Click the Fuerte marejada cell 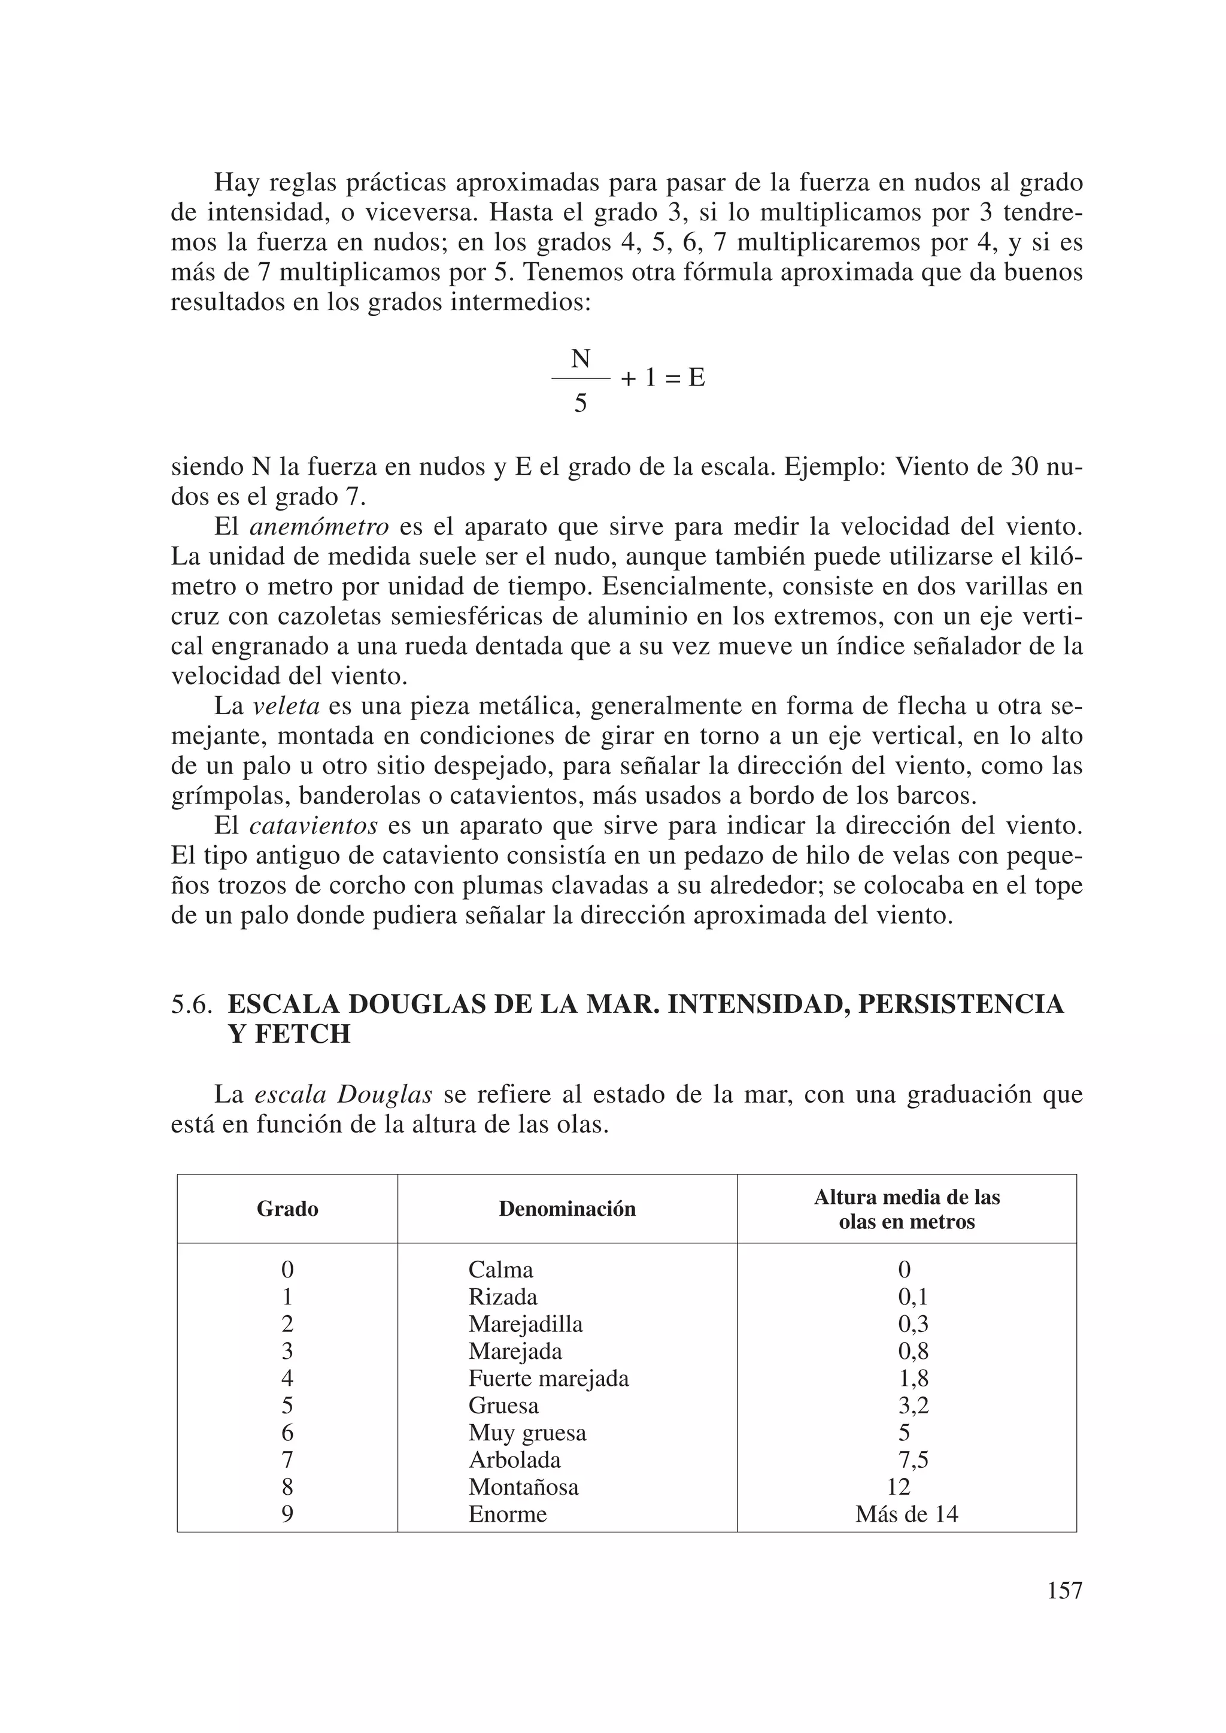548,1378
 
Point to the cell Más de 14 907,1514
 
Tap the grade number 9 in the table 287,1514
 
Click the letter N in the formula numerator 580,359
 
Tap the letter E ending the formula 696,377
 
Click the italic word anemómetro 318,527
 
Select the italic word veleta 286,706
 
